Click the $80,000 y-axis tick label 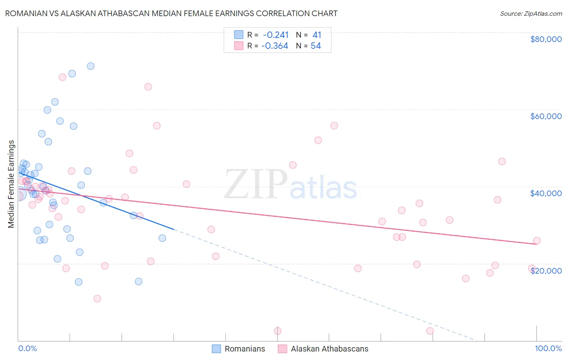(x=546, y=39)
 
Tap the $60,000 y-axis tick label (x=546, y=116)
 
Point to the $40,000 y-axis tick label (x=546, y=193)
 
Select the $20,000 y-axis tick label (x=546, y=270)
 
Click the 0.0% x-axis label (x=27, y=348)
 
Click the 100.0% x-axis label (x=548, y=348)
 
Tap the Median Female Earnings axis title (x=11, y=184)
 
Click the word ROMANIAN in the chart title (x=27, y=13)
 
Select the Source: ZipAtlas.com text (x=531, y=13)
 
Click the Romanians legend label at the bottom (x=245, y=349)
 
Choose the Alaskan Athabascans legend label (x=329, y=349)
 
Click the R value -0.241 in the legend (x=276, y=35)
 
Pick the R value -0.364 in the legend (x=275, y=46)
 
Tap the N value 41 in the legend (x=317, y=35)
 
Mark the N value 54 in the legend (x=316, y=46)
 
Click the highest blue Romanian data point (x=91, y=66)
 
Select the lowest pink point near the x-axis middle (x=278, y=331)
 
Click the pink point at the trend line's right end (x=537, y=241)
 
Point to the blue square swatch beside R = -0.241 (x=239, y=35)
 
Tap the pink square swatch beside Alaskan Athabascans (x=282, y=349)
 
